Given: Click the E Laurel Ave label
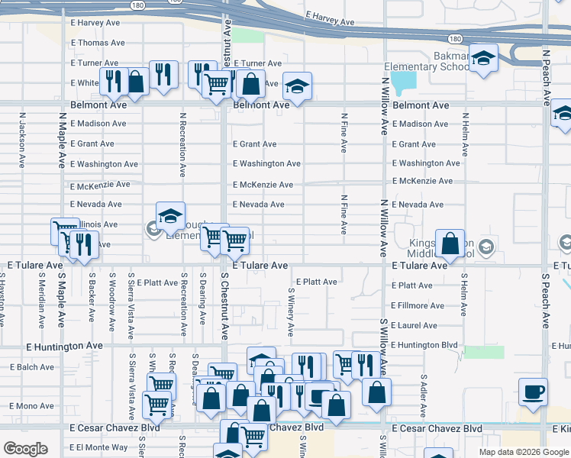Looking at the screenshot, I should point(415,325).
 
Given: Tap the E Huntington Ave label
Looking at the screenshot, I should point(64,346).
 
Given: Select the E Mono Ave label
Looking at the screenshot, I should point(32,406).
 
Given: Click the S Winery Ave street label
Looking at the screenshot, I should point(291,312).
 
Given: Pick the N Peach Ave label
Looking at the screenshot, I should point(547,76).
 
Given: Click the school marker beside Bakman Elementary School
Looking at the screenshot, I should point(482,59).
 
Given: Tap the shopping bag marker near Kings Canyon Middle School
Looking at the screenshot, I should point(450,244).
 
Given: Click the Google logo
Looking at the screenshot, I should point(25,449).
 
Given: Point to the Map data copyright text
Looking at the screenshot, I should point(523,452).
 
